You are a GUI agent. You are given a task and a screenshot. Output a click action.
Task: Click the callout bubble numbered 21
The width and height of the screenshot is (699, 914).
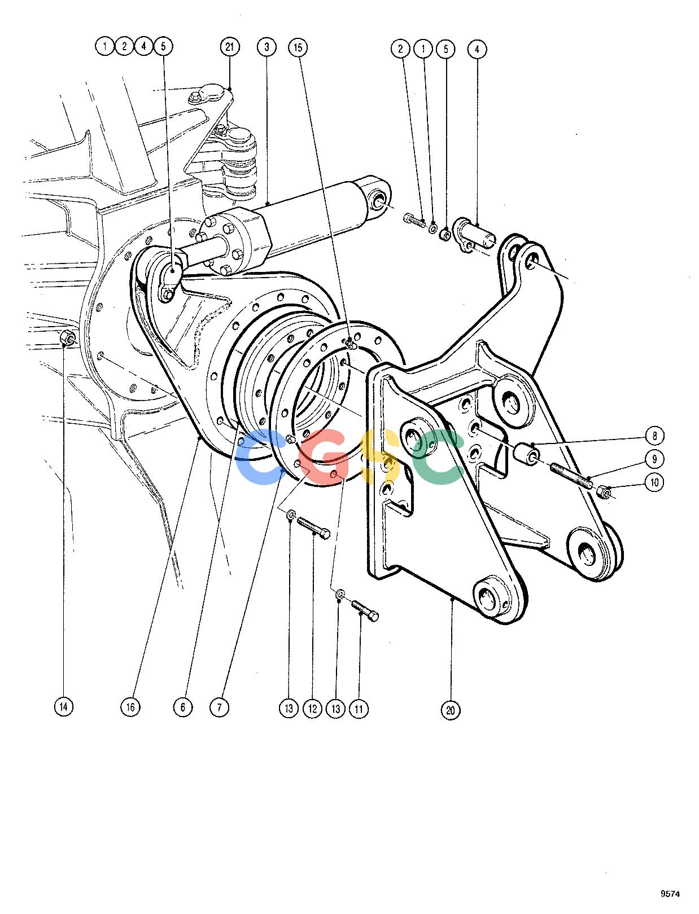point(230,47)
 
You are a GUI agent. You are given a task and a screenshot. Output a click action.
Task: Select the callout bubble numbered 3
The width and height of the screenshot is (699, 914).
point(267,47)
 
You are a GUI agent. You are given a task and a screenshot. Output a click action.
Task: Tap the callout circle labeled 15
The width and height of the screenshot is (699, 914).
point(298,47)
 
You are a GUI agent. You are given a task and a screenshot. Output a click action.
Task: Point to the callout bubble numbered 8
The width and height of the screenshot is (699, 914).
point(654,436)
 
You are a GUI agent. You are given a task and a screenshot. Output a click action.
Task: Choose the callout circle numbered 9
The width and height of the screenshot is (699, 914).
point(654,459)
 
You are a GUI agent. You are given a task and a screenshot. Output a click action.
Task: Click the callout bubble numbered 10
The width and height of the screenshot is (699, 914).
point(654,482)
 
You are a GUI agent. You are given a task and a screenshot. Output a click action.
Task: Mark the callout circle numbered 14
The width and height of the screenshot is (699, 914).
point(64,706)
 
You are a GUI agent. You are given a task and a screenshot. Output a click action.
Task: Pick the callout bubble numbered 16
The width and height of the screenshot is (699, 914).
point(130,706)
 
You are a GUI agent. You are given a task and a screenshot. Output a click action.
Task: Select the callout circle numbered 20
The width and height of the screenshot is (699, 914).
point(451,710)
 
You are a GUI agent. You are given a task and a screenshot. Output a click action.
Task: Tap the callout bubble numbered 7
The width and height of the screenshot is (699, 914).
point(220,707)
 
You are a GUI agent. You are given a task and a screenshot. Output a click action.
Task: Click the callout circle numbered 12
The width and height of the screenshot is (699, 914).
point(312,708)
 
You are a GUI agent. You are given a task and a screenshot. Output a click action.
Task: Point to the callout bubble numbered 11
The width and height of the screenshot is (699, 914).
point(359,708)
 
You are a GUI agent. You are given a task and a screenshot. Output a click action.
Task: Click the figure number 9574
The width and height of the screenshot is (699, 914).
point(670,894)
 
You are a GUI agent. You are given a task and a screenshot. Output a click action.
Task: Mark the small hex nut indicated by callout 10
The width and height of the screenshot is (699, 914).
point(604,493)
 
